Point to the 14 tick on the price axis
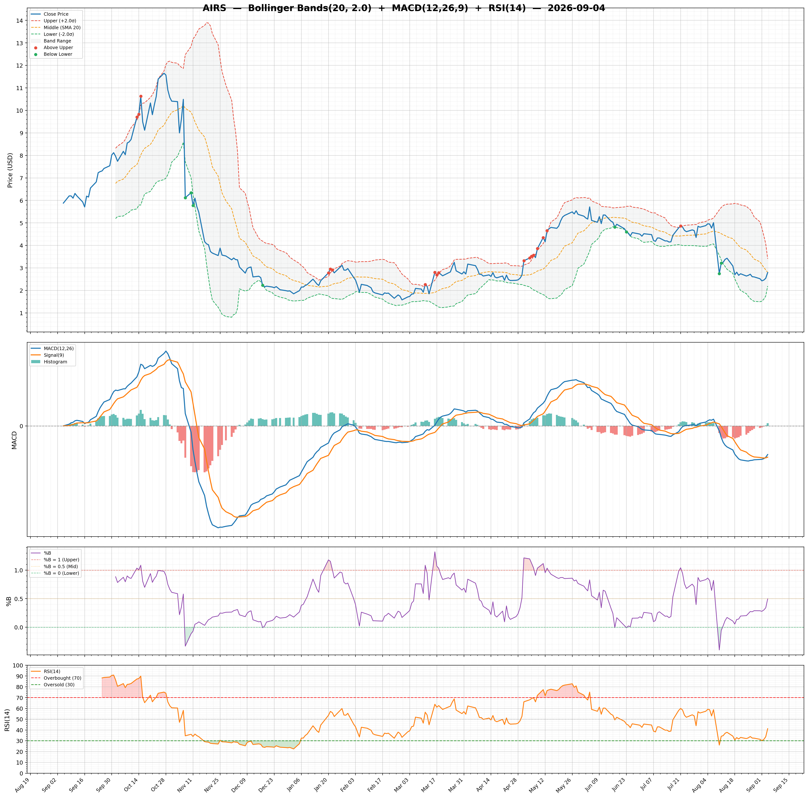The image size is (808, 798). [x=19, y=20]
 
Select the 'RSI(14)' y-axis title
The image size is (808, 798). [x=8, y=720]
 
